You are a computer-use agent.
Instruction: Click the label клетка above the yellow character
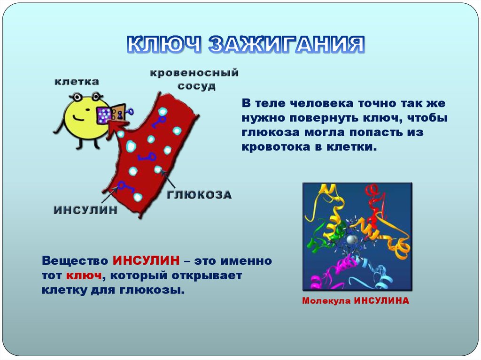point(77,81)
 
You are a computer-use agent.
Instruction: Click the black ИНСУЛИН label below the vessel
point(85,210)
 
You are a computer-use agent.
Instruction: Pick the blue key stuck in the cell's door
point(128,112)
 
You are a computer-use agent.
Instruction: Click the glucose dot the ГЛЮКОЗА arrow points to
point(158,169)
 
